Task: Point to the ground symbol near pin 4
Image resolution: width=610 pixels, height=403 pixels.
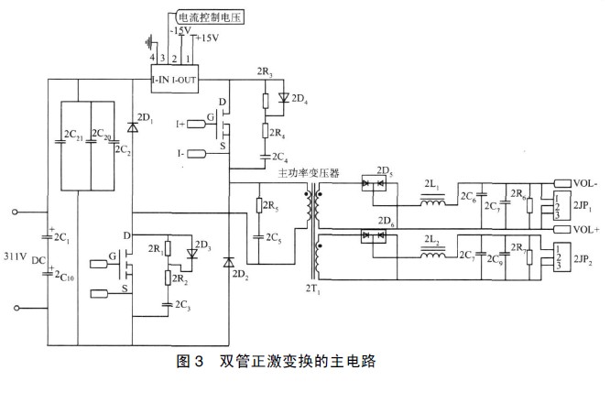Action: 147,41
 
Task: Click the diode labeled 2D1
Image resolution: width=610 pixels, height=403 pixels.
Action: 135,127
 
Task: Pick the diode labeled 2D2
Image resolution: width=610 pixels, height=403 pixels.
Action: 229,264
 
